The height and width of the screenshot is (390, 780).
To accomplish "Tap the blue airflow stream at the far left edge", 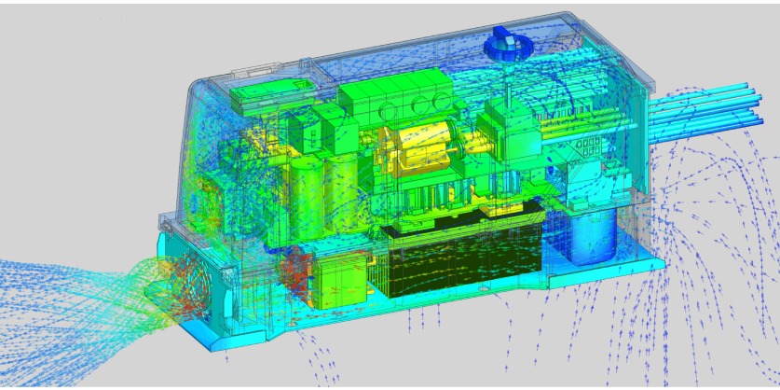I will (x=28, y=280).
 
